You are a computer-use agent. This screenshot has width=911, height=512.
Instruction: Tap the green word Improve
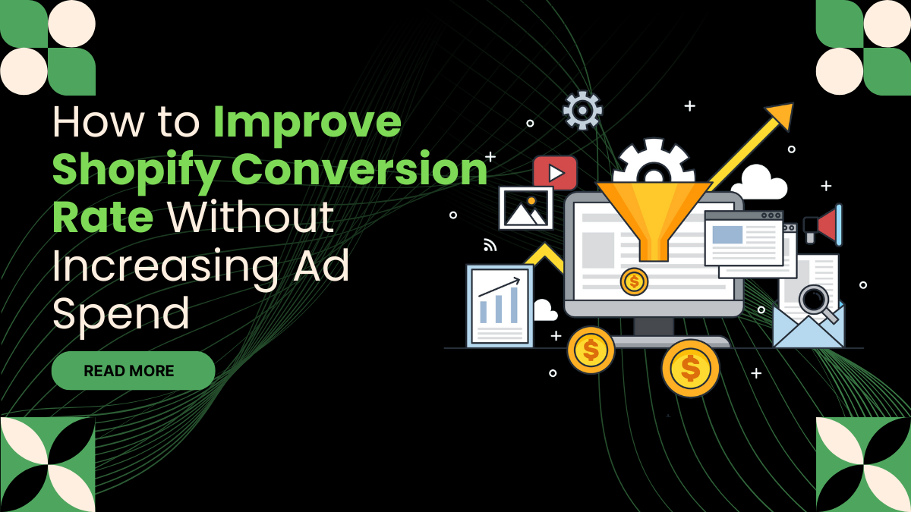(x=307, y=122)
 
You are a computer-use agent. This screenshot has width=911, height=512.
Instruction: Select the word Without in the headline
(x=251, y=217)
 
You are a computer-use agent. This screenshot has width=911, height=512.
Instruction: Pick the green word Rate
(x=102, y=217)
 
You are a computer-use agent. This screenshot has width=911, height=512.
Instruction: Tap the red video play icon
(x=555, y=173)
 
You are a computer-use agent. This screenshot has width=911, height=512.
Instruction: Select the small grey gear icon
(x=582, y=110)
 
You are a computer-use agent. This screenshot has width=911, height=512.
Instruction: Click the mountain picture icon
(x=525, y=208)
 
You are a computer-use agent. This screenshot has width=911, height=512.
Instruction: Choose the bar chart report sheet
(x=500, y=306)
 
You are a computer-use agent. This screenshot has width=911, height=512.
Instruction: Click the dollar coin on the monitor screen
(x=634, y=281)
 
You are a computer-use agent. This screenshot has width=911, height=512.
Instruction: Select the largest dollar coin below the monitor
(x=690, y=369)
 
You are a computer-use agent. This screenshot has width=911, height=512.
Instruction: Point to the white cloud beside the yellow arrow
(x=759, y=184)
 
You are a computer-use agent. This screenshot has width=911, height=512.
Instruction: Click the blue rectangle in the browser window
(x=728, y=235)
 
